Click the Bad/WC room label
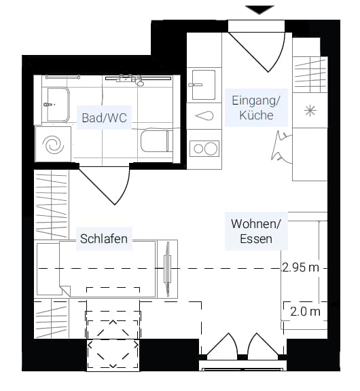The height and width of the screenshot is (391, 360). click(105, 117)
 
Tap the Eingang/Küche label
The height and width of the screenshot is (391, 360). click(256, 107)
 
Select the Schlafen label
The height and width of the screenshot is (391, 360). click(104, 239)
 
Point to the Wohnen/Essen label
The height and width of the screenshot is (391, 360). click(256, 231)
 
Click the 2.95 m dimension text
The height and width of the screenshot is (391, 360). click(301, 267)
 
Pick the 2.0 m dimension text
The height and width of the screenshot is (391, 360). click(305, 312)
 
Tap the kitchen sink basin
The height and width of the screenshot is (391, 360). click(204, 85)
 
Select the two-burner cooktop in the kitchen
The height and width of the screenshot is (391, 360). click(204, 149)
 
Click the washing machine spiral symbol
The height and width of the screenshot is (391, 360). click(53, 145)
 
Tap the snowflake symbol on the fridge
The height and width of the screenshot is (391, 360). click(310, 111)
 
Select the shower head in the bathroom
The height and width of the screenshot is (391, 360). click(140, 82)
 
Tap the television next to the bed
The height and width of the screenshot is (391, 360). click(168, 269)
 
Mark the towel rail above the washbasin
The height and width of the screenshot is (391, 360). click(62, 77)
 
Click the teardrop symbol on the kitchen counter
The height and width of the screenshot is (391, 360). click(204, 116)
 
